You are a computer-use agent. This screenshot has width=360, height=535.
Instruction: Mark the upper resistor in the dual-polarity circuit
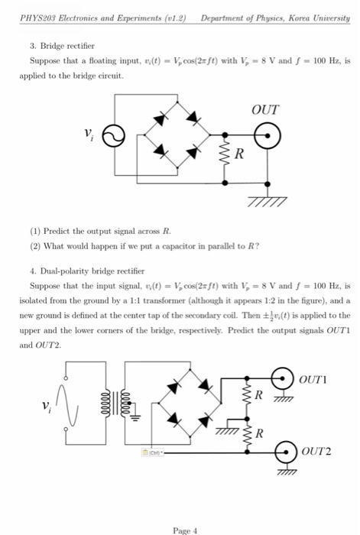(x=246, y=396)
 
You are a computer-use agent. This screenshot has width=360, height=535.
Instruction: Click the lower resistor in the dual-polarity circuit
(x=246, y=435)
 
